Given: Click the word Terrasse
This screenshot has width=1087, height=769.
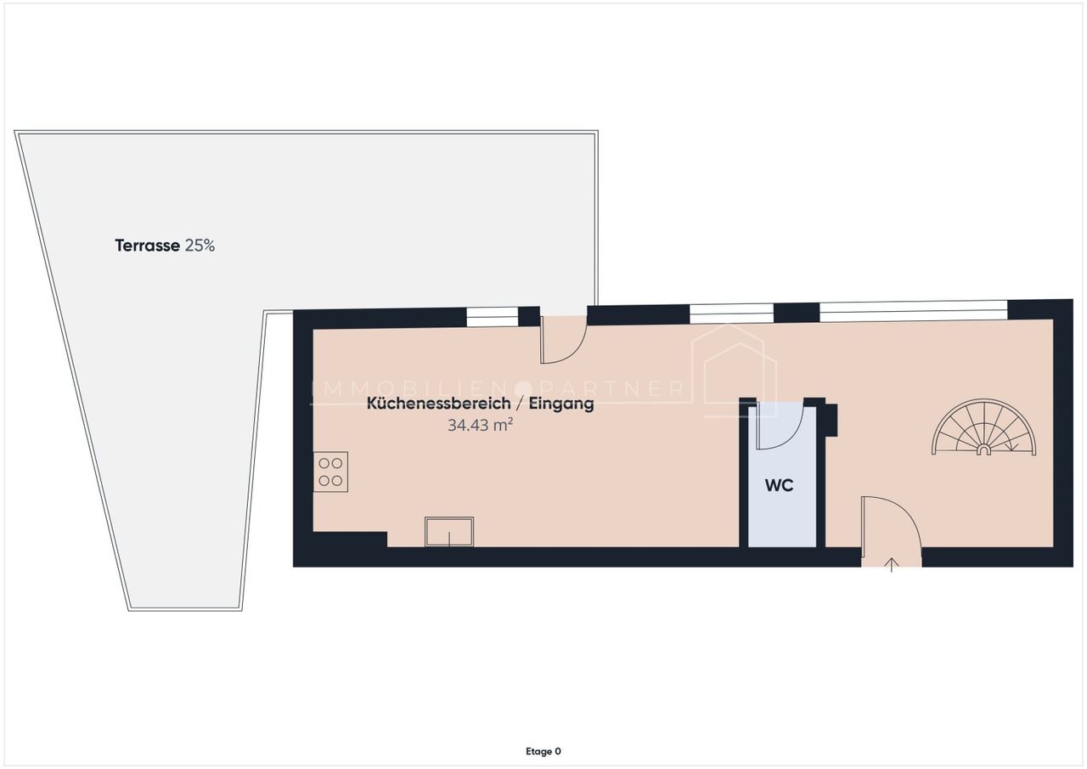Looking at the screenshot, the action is [x=147, y=246].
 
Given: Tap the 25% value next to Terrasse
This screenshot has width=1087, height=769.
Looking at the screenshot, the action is [x=200, y=246].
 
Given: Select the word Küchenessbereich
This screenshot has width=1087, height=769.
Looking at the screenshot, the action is [x=439, y=403].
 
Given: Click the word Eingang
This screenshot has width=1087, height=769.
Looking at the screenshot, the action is [x=561, y=404].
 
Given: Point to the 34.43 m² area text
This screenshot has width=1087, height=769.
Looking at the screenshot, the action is [x=481, y=425].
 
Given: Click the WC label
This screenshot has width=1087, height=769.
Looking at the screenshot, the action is [x=779, y=485].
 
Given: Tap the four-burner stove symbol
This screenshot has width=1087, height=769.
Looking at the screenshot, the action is [x=330, y=472].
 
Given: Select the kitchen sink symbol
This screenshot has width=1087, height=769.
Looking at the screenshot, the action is [x=449, y=532].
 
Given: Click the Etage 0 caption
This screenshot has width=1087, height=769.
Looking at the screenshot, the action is [x=543, y=751].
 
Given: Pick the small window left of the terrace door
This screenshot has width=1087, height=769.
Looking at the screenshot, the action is [x=493, y=317].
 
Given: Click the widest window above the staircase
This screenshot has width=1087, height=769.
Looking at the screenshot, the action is [x=914, y=311].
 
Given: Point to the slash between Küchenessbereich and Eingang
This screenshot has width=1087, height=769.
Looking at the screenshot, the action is [x=520, y=404].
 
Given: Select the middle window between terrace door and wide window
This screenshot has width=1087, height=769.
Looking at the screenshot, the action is [x=731, y=314].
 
